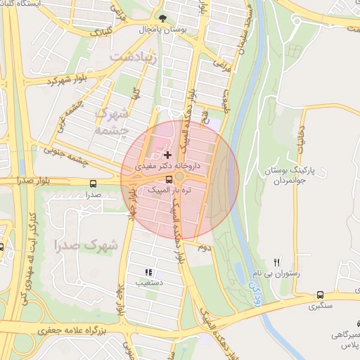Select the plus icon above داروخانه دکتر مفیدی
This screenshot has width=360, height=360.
coord(167,154)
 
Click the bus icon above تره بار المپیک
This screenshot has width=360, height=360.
coord(167,179)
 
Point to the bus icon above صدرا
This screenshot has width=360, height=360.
coord(93,183)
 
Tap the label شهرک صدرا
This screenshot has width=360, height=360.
coord(84,245)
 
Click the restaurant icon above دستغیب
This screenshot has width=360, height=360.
coord(148,272)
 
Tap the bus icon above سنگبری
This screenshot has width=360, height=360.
coord(321,295)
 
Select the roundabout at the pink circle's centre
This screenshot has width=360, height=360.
coord(180,176)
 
